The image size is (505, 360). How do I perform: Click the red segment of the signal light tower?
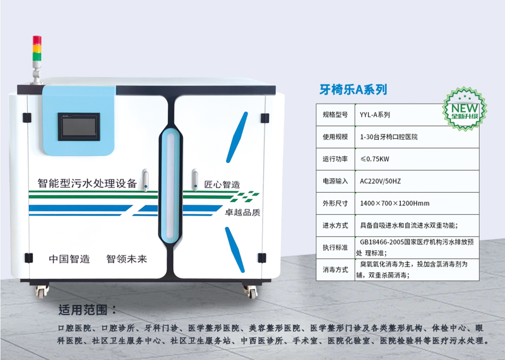click(37, 40)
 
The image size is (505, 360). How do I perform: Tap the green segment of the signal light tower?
click(37, 56)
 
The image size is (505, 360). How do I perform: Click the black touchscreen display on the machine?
click(79, 127)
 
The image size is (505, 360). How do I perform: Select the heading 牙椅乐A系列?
click(353, 89)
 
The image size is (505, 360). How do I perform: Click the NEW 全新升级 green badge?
click(465, 109)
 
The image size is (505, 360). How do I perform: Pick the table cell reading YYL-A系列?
click(375, 115)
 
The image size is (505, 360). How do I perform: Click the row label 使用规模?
click(335, 136)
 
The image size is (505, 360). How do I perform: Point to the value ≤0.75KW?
click(374, 159)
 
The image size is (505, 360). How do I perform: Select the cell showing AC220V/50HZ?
click(381, 181)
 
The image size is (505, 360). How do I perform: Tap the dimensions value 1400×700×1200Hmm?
click(395, 203)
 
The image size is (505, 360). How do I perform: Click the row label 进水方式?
click(335, 225)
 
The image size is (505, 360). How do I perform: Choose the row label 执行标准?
click(335, 248)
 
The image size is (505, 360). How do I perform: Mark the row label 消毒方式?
click(335, 270)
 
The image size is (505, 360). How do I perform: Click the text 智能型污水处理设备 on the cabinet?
click(87, 183)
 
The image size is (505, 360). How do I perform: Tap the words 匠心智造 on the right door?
click(222, 184)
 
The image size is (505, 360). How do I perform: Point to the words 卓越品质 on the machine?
click(242, 212)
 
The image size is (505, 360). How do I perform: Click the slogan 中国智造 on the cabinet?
click(69, 259)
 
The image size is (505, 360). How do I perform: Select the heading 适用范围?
click(87, 309)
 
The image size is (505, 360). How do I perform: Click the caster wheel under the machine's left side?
click(42, 291)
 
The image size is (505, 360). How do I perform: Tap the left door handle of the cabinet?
click(146, 180)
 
